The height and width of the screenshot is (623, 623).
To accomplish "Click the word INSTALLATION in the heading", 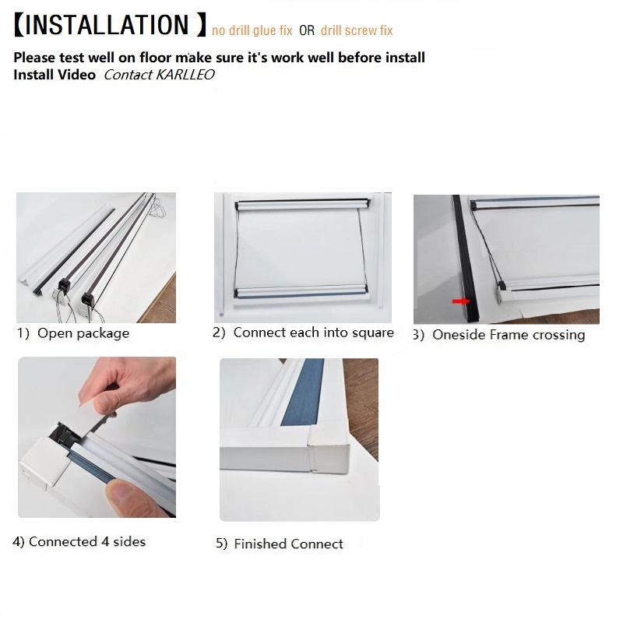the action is click(107, 25).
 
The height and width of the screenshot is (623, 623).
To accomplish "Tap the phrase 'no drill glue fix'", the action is click(252, 30).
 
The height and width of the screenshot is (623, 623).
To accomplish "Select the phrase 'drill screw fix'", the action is click(357, 30).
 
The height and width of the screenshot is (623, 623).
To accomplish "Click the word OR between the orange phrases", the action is click(307, 30).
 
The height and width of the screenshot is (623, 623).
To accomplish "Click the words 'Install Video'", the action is click(55, 75).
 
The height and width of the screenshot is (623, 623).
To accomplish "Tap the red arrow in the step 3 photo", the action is click(461, 301).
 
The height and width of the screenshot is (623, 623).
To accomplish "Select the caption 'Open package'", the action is click(83, 333).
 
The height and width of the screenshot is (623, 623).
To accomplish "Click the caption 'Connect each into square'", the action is click(314, 333).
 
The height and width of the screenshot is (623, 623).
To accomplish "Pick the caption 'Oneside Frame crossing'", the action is click(509, 335).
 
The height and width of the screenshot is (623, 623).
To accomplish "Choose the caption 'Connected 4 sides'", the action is click(87, 541).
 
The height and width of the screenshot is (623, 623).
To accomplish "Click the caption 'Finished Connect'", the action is click(288, 544).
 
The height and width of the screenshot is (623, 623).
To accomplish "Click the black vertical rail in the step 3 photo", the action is click(465, 259).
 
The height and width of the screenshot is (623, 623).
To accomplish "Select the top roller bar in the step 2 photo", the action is click(303, 204).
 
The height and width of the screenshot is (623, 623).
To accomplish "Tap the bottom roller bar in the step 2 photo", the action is click(301, 290).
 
